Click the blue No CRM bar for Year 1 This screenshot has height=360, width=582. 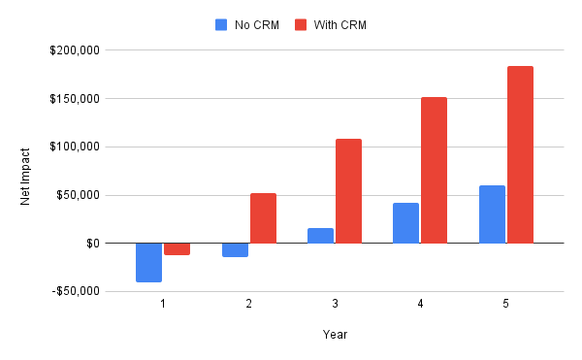coord(148,262)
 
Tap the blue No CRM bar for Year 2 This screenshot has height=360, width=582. coord(235,249)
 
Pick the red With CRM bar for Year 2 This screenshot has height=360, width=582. coord(263,218)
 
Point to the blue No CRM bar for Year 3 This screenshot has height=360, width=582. coord(320,236)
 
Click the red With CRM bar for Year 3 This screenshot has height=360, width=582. coord(348,191)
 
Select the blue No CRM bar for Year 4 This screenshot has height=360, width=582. coord(405,223)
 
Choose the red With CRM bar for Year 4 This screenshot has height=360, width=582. coord(434,170)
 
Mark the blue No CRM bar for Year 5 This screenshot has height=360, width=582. coord(492,214)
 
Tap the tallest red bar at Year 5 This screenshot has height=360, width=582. coord(520,154)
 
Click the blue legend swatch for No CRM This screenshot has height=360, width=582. coord(220,24)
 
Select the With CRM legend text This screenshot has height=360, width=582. coord(339,24)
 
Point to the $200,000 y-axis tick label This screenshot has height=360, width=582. coord(78,50)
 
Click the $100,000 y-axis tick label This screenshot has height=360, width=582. coord(78,147)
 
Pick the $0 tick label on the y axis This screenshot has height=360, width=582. coord(92,243)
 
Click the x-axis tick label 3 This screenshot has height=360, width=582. coord(335,305)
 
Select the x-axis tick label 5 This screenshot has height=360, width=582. coord(506,305)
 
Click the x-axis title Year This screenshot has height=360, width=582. coord(335,335)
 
